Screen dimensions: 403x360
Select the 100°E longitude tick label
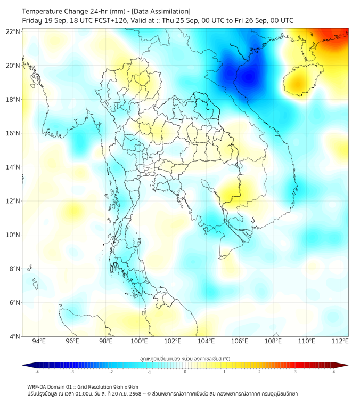(139, 342)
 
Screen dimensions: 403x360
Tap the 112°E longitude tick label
(340, 342)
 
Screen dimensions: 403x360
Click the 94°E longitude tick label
(38, 342)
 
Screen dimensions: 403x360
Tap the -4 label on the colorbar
(36, 371)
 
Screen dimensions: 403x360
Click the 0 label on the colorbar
(185, 371)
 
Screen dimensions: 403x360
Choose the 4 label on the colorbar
(334, 371)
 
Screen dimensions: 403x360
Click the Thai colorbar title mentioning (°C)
(185, 359)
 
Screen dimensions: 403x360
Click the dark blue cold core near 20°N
(248, 75)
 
